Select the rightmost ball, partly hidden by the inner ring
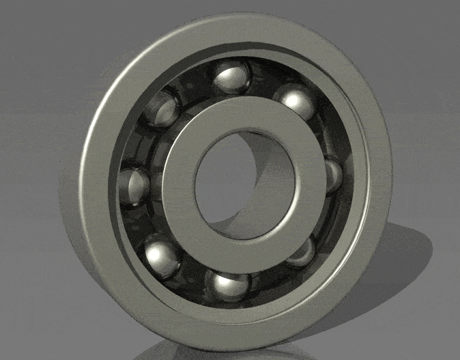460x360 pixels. pos(333,175)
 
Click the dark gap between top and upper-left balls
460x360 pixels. pos(195,85)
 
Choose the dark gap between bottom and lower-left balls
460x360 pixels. pos(191,277)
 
